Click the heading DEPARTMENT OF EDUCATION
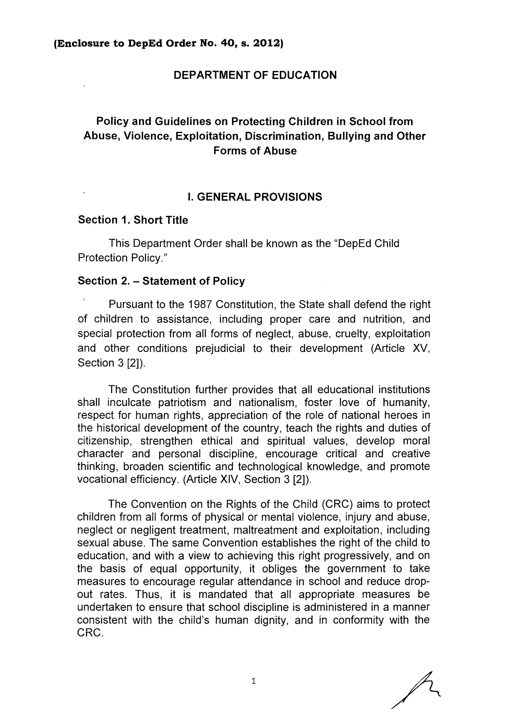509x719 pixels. (x=255, y=75)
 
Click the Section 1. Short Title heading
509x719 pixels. (x=133, y=220)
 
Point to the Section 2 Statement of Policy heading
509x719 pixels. (x=161, y=281)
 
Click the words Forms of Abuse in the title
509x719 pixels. (x=255, y=151)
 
